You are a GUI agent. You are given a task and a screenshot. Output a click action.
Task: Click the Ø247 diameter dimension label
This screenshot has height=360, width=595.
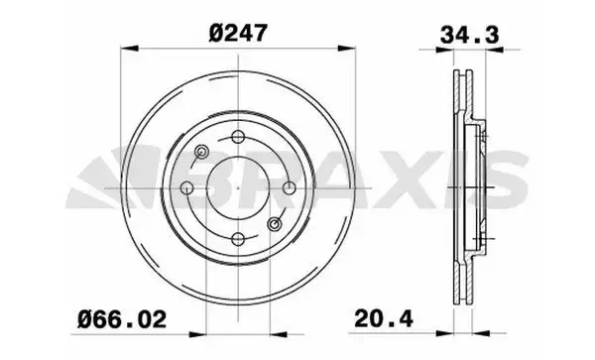click(x=238, y=33)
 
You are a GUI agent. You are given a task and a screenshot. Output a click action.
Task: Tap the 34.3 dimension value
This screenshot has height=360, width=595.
click(x=469, y=36)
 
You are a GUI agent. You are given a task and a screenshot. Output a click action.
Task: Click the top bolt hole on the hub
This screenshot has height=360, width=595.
click(x=238, y=137)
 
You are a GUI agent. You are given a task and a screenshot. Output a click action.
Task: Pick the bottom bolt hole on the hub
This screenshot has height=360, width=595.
click(x=238, y=239)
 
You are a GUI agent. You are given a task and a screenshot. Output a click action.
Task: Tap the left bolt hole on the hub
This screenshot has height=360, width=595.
click(x=186, y=187)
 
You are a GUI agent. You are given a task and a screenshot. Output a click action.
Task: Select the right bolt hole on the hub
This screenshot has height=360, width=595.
click(x=290, y=187)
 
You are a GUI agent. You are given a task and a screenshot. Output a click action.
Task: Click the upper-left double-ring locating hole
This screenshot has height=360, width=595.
click(x=201, y=152)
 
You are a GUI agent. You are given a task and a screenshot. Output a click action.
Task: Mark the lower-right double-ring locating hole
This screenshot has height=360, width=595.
click(x=274, y=224)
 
